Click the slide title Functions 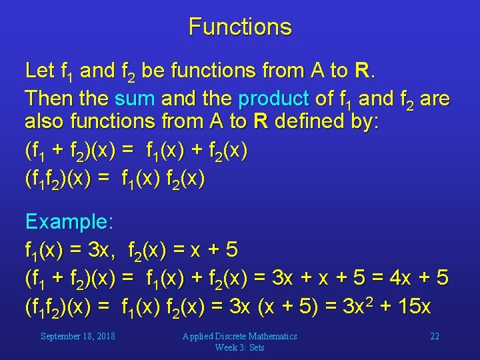click(240, 27)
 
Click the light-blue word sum click(134, 99)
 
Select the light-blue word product click(273, 99)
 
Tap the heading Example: click(70, 221)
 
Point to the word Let click(39, 70)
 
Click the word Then click(49, 99)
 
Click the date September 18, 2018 click(78, 336)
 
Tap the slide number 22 click(435, 336)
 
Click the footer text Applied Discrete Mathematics click(240, 336)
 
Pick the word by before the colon click(363, 123)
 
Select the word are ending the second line click(435, 99)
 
